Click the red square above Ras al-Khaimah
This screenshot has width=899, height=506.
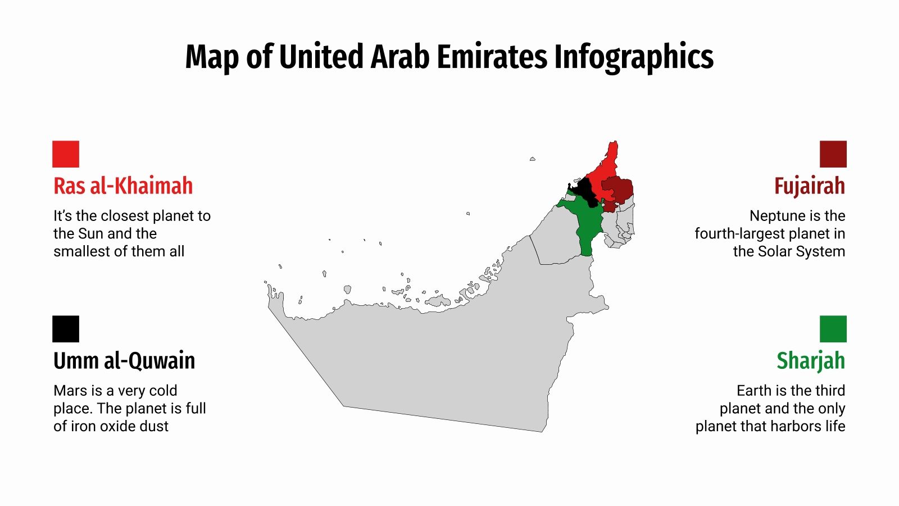pyautogui.click(x=66, y=154)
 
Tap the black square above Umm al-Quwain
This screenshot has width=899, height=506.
pyautogui.click(x=66, y=329)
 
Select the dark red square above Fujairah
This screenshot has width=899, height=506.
pyautogui.click(x=833, y=154)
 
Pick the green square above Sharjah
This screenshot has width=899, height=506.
pyautogui.click(x=833, y=329)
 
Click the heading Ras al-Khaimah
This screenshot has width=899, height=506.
pyautogui.click(x=123, y=186)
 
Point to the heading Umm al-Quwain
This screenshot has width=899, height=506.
pyautogui.click(x=124, y=361)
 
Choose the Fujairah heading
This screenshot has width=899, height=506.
pyautogui.click(x=809, y=186)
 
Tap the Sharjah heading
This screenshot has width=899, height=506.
pyautogui.click(x=810, y=361)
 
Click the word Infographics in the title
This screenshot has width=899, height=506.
pyautogui.click(x=634, y=57)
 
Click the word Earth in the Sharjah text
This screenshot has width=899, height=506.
pyautogui.click(x=754, y=391)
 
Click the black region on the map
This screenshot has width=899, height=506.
pyautogui.click(x=584, y=190)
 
